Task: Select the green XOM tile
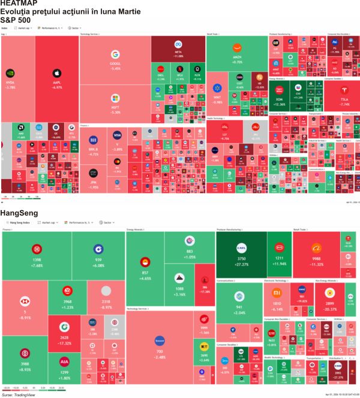tap(279, 99)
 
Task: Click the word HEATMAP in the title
tap(19, 4)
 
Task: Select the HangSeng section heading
tap(20, 213)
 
